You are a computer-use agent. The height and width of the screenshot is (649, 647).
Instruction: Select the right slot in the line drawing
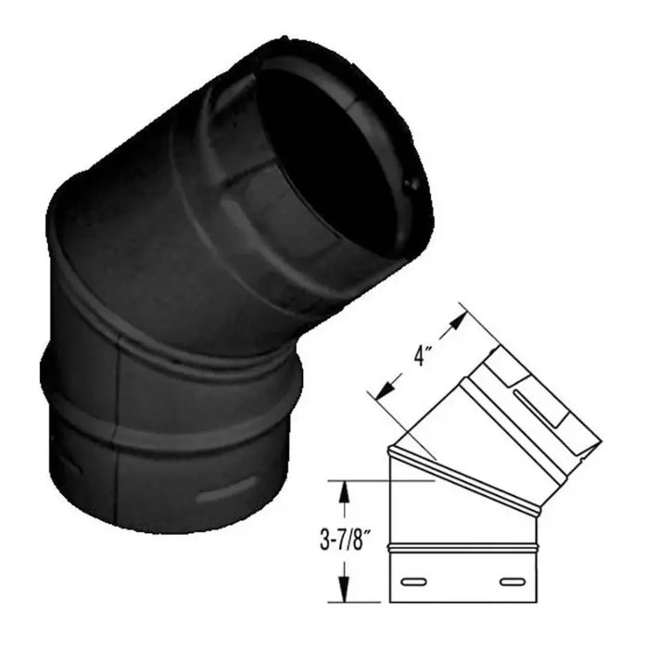510,582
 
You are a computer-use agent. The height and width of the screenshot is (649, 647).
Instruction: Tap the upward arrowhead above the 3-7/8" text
345,491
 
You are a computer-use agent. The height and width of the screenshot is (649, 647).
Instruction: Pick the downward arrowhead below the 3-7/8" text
345,592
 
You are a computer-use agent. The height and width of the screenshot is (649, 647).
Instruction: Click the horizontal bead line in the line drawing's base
463,554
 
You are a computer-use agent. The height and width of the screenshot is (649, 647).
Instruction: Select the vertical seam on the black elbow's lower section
118,408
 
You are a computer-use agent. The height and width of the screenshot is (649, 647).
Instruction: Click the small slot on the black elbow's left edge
67,460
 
